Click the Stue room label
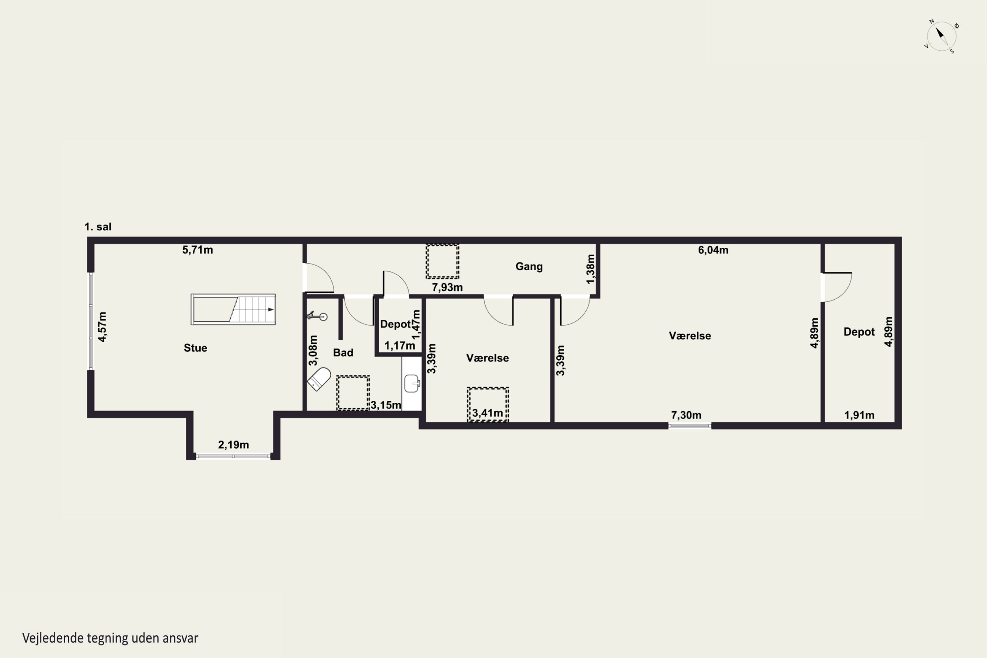tap(195, 348)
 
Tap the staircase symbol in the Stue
tap(233, 309)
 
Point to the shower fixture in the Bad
tap(317, 316)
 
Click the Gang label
tap(529, 266)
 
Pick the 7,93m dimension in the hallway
tap(447, 288)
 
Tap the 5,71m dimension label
tap(198, 250)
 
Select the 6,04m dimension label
tap(713, 250)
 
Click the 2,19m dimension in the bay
tap(233, 445)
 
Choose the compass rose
tap(942, 36)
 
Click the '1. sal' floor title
tap(98, 227)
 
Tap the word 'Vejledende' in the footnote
tap(53, 638)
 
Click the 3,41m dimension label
tap(488, 413)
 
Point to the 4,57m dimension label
tap(102, 327)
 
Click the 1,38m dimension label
tap(591, 269)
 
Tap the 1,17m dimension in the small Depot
tap(400, 346)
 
